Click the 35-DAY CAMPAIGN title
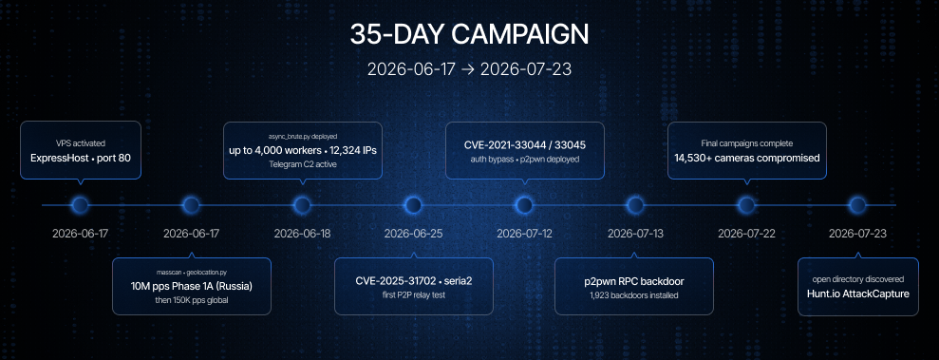tap(469, 35)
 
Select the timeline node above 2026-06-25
tap(413, 205)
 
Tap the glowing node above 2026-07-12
tap(524, 205)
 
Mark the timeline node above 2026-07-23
tap(857, 205)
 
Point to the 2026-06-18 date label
tap(302, 234)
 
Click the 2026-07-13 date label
tap(635, 234)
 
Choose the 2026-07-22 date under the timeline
tap(746, 234)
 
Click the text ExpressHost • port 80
tap(81, 158)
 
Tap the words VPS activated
tap(81, 143)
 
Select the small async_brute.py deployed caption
tap(303, 137)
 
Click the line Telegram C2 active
tap(303, 164)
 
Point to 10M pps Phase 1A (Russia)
tap(192, 286)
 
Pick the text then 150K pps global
tap(192, 299)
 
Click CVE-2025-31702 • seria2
tap(414, 280)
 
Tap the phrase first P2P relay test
tap(414, 294)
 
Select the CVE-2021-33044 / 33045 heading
tap(525, 145)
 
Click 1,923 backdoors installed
tap(634, 294)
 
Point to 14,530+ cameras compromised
tap(747, 158)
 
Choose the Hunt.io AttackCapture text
tap(858, 294)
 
